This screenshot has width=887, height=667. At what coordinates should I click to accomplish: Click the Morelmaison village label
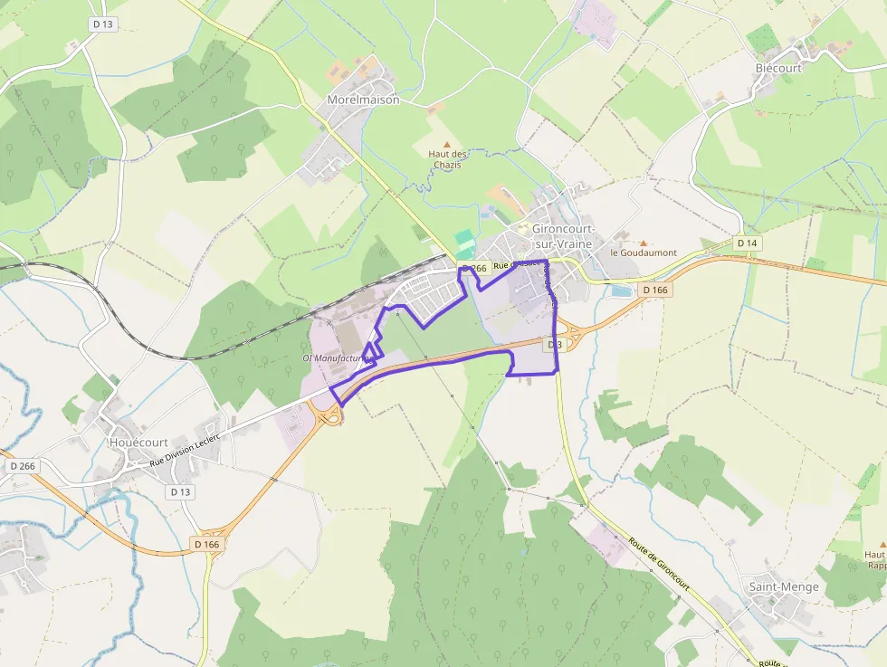[363, 100]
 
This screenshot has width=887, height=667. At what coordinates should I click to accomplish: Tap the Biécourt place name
[778, 68]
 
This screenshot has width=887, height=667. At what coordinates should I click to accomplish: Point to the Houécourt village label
[138, 443]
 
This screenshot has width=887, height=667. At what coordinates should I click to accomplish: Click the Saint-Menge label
[783, 586]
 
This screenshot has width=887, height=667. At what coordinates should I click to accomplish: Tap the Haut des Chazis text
[446, 158]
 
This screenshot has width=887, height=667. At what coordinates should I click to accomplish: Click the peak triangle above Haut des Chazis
[446, 143]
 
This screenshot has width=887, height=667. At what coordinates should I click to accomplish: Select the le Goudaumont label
[644, 253]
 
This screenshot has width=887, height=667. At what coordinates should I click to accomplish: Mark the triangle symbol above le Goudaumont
[644, 243]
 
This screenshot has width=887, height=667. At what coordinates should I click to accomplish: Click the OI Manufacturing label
[338, 358]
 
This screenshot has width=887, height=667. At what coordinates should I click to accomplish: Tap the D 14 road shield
[747, 243]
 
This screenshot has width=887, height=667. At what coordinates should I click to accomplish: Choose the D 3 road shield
[555, 345]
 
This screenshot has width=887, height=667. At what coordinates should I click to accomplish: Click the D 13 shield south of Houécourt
[181, 491]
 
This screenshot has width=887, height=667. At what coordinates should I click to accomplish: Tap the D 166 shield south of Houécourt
[207, 544]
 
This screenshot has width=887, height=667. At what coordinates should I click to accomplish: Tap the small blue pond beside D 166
[622, 291]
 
